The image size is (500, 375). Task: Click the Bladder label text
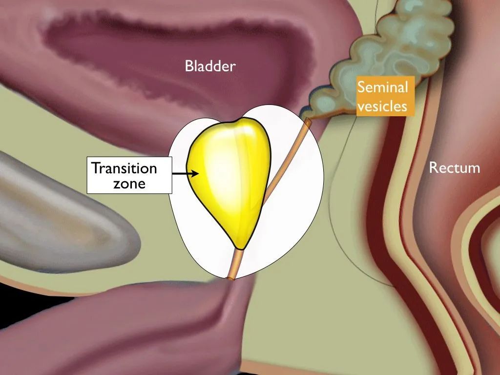click(x=210, y=66)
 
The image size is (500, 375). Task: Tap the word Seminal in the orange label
click(x=382, y=87)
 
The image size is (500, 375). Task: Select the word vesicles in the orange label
click(x=382, y=106)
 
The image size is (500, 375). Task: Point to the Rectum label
click(x=455, y=168)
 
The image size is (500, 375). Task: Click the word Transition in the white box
click(x=124, y=168)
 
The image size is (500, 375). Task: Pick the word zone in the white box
click(x=129, y=184)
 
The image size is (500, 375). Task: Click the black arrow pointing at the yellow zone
click(x=186, y=173)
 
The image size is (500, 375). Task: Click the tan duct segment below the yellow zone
click(x=235, y=264)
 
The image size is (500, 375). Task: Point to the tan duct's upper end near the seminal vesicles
click(x=308, y=121)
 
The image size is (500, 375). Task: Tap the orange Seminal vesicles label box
click(x=385, y=96)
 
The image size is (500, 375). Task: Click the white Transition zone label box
click(x=129, y=175)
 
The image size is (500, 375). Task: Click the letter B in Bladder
click(x=189, y=66)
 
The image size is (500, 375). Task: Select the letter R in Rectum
click(x=434, y=168)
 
